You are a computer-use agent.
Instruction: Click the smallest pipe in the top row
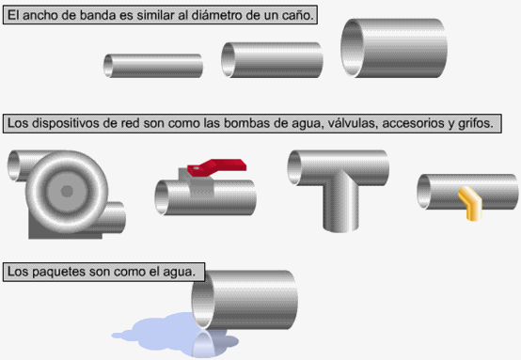pos(153,66)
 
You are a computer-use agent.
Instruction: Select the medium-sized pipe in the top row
pos(272,60)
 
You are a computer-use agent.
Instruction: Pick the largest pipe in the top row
pos(394,48)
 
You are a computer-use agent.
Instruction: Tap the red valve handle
pos(217,166)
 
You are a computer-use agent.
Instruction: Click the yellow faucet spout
pos(469,203)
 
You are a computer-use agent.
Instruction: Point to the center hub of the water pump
pos(67,191)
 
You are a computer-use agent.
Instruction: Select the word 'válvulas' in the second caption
pos(354,123)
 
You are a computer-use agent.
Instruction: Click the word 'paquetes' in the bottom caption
pos(55,272)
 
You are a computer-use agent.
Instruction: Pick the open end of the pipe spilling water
pos(203,299)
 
